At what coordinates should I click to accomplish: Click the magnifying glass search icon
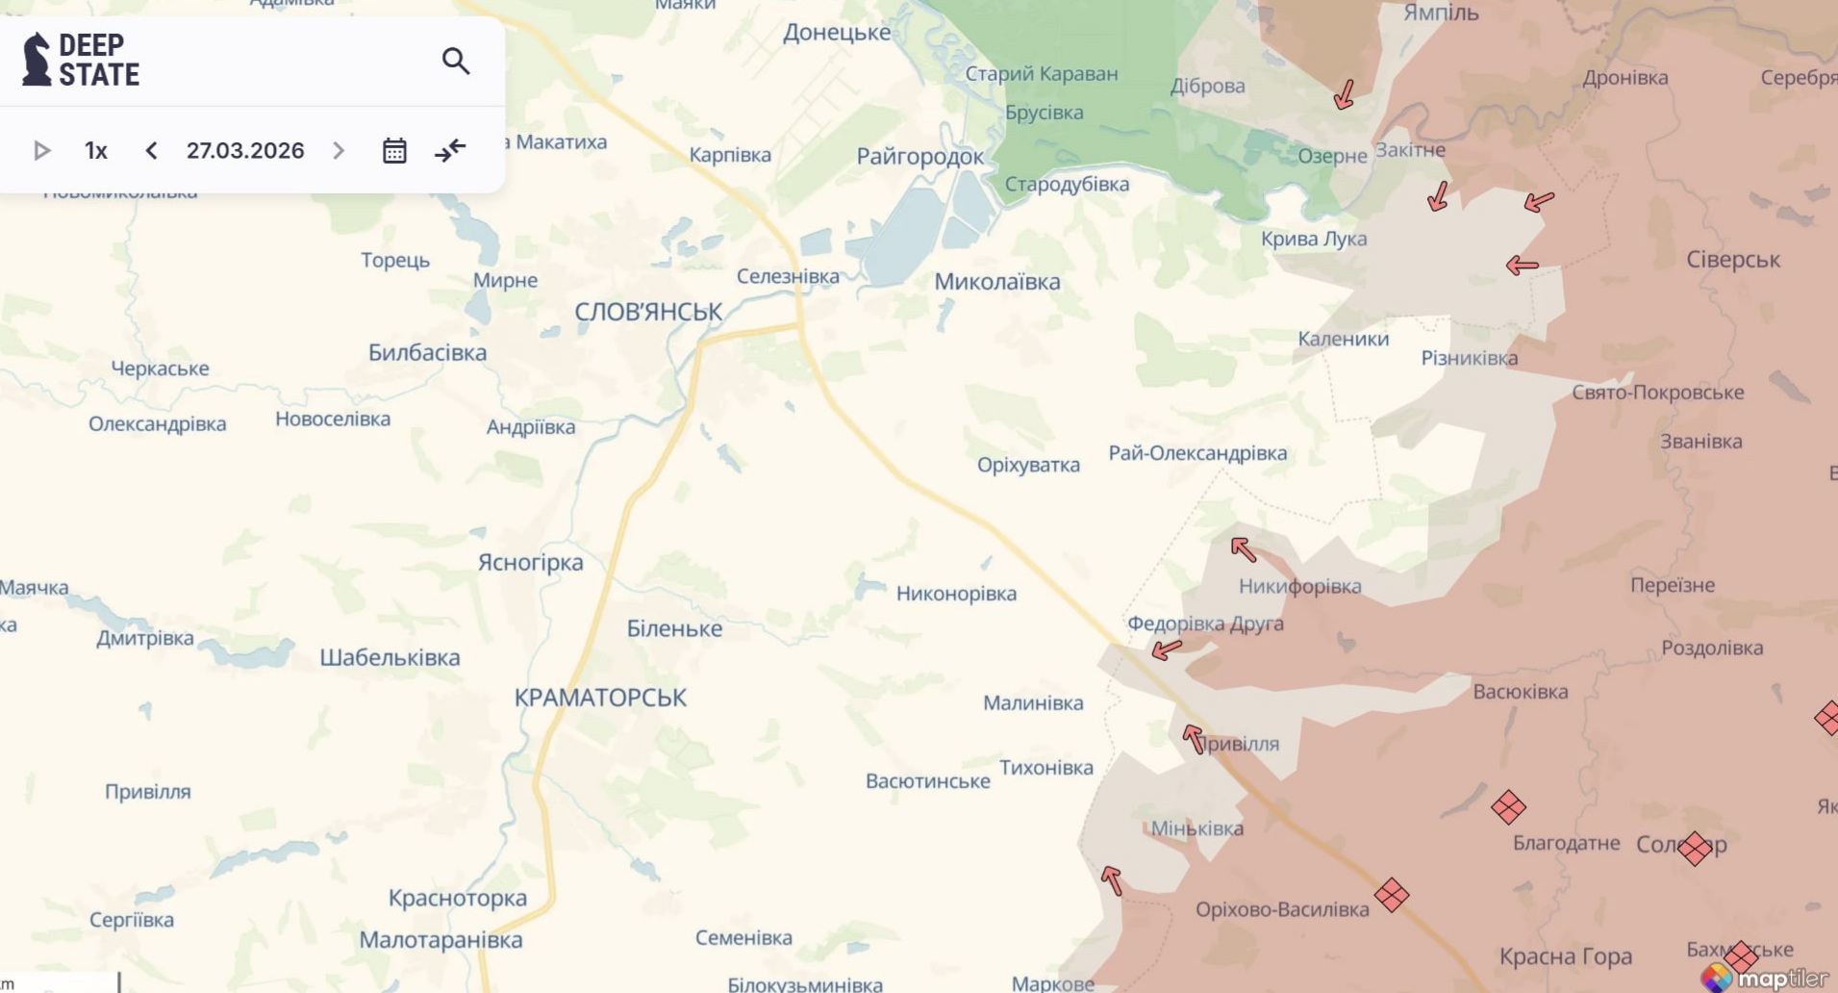click(x=456, y=61)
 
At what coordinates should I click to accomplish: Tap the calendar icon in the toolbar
click(x=394, y=151)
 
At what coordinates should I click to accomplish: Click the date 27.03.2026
click(x=245, y=151)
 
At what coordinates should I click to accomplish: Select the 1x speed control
click(x=95, y=151)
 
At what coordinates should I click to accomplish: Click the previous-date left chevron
click(x=151, y=151)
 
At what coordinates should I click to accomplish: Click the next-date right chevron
click(x=339, y=151)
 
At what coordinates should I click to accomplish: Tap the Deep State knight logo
click(x=37, y=60)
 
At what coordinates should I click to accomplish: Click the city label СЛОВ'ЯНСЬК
click(x=647, y=312)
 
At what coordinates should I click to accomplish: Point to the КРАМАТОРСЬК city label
click(x=600, y=698)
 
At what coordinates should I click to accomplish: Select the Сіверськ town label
click(x=1732, y=260)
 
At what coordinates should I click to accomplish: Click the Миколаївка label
click(x=997, y=282)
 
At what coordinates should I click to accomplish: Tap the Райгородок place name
click(x=919, y=157)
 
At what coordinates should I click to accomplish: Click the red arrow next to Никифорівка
click(x=1243, y=549)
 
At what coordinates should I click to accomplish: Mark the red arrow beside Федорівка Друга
click(x=1167, y=649)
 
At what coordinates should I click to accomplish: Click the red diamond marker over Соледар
click(x=1695, y=849)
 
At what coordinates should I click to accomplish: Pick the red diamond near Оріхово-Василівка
click(x=1391, y=895)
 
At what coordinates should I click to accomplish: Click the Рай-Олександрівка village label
click(x=1197, y=453)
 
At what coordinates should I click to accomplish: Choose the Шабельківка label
click(x=390, y=658)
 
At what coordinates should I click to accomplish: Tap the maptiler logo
click(x=1768, y=978)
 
